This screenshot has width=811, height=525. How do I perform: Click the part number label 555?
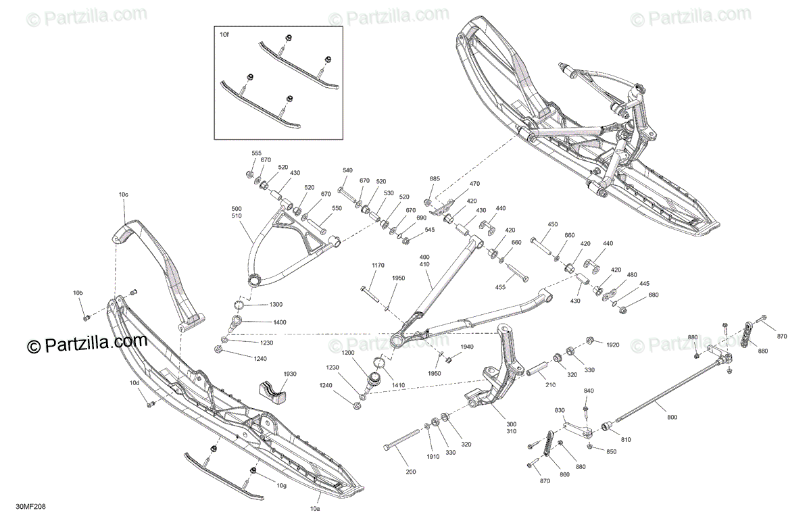pos(256,154)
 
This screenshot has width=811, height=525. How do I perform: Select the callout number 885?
pos(435,179)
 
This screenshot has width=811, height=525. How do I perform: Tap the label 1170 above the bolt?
pos(376,265)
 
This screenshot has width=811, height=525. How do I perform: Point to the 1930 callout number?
pos(290,374)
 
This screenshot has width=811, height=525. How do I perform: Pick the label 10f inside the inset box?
pos(224,32)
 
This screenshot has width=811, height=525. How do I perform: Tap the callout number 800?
pos(672,418)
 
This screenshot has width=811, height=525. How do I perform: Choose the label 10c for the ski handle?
pos(123,195)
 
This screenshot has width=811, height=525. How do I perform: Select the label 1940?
pos(467,347)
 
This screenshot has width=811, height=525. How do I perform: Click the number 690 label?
pos(421,218)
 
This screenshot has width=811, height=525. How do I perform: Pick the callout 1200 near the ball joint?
pos(347,353)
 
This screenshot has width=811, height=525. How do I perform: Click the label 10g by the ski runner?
pos(281,486)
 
